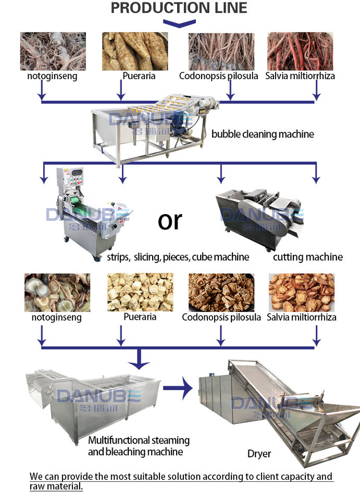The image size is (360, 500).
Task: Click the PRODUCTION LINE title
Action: (x=179, y=8)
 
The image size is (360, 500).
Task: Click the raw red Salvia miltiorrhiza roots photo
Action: (x=300, y=51)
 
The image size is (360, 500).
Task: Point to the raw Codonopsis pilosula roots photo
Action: (x=221, y=51)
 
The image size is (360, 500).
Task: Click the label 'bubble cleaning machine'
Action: (x=263, y=134)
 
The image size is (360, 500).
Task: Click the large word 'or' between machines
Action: (x=170, y=221)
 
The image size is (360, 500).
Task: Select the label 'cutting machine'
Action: (x=308, y=257)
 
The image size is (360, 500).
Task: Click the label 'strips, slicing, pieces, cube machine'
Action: (x=178, y=257)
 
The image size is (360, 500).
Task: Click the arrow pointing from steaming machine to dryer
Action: (x=177, y=388)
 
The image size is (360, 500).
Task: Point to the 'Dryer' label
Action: (x=259, y=454)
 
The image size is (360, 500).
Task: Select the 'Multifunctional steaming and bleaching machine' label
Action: (x=138, y=446)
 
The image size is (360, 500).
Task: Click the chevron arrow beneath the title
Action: (x=179, y=23)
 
